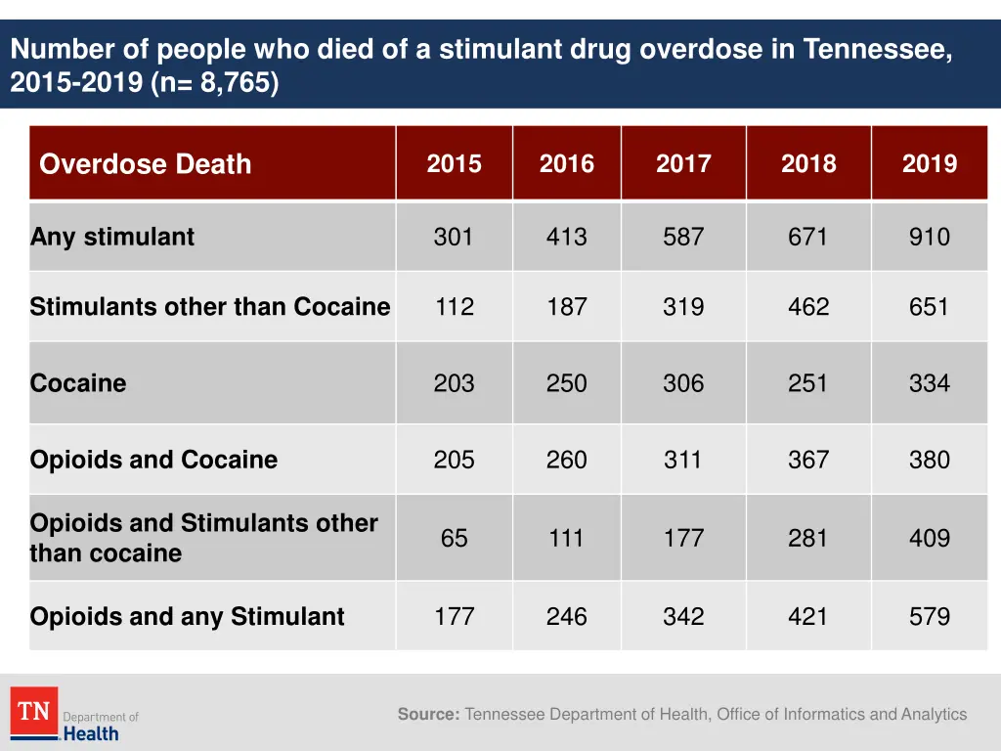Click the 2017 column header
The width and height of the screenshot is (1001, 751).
click(x=683, y=163)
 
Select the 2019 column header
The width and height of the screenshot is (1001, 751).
click(x=929, y=163)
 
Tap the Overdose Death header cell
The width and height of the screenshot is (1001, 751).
click(x=146, y=164)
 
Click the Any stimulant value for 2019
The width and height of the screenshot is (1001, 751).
click(x=929, y=237)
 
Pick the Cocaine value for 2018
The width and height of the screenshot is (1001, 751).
click(x=807, y=383)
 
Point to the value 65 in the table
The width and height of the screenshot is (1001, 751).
click(x=454, y=538)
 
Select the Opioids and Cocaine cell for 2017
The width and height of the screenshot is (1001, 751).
click(x=683, y=460)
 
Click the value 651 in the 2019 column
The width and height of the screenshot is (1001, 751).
click(x=929, y=307)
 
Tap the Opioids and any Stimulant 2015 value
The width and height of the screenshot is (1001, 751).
click(x=454, y=617)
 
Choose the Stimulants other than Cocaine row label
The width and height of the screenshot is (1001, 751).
click(x=210, y=307)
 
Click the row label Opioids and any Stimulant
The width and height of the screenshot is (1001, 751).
click(x=188, y=617)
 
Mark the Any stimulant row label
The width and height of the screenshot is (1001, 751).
click(x=112, y=237)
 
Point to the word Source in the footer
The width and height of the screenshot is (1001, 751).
click(x=428, y=715)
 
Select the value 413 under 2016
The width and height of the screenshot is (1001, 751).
click(x=566, y=237)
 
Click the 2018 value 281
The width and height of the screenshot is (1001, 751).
click(x=807, y=538)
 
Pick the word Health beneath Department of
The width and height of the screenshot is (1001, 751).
click(x=91, y=733)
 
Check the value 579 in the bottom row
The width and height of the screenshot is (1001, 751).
click(x=929, y=617)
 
